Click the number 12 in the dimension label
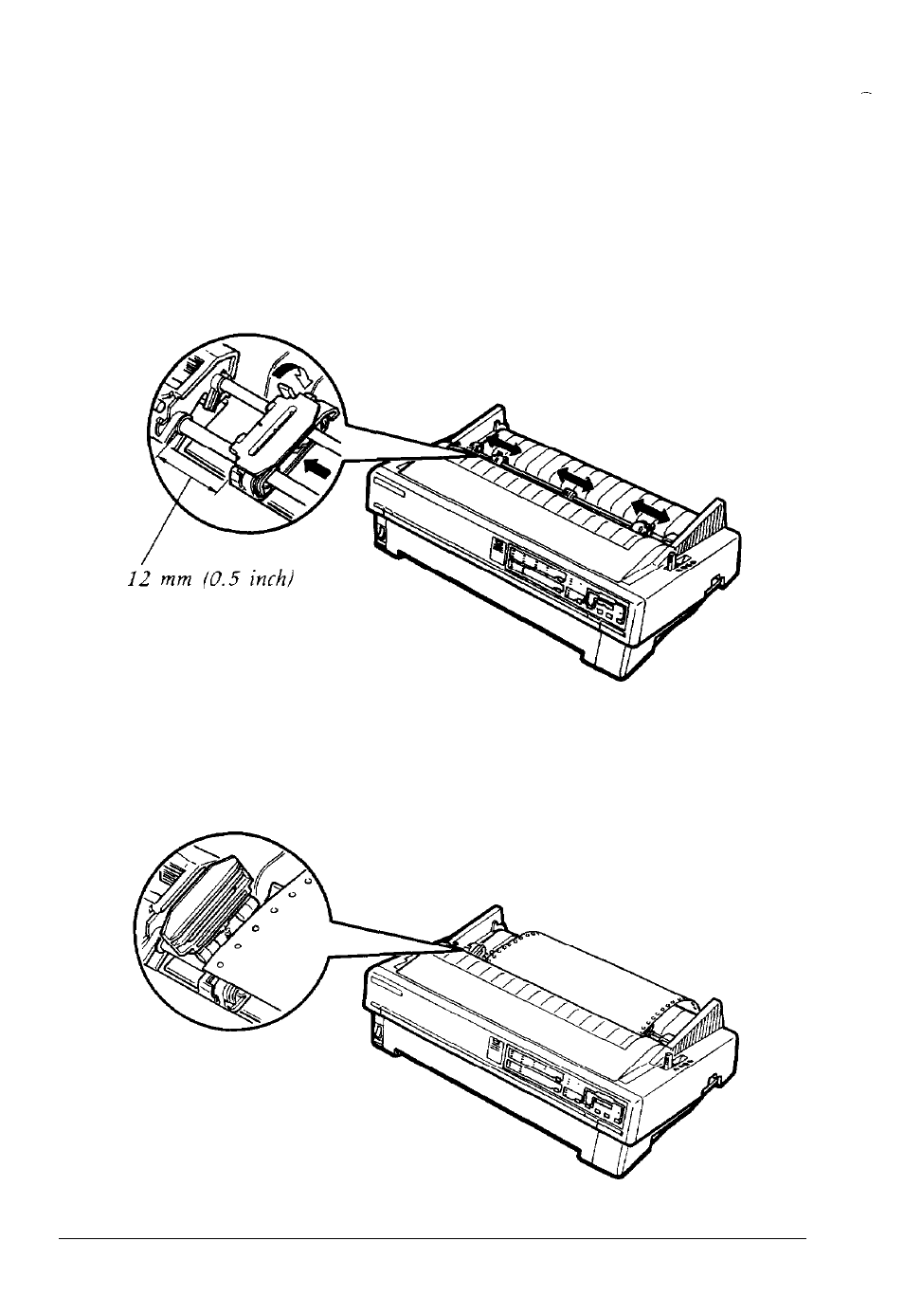[x=138, y=580]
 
